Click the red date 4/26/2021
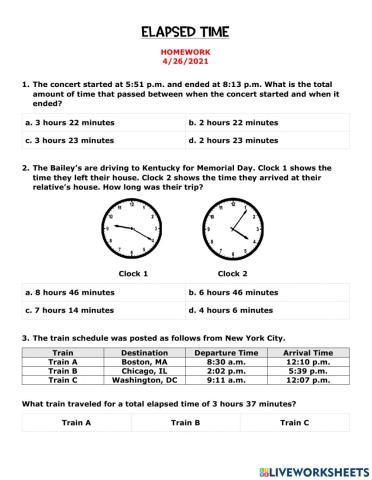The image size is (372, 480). (186, 67)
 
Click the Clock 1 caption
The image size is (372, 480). (133, 273)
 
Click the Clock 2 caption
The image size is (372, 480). (233, 273)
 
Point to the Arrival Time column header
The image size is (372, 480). (308, 352)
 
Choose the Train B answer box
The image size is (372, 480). (186, 423)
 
